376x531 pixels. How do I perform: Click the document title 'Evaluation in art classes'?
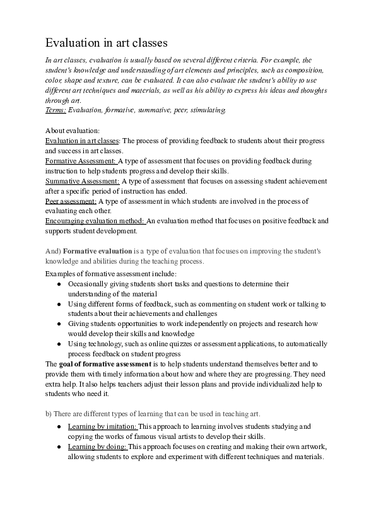click(106, 43)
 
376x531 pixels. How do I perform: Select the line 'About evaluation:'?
click(69, 131)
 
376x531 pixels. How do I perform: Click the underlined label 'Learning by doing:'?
click(97, 447)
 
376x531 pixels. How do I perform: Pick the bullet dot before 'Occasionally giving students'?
click(59, 284)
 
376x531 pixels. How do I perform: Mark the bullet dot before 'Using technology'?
click(59, 344)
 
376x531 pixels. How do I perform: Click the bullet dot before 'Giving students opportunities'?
click(59, 324)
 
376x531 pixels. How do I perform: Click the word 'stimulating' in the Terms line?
click(207, 110)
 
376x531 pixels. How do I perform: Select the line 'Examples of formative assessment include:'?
click(112, 274)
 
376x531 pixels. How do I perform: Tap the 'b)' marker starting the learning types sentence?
click(49, 413)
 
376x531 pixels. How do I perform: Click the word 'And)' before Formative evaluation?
click(53, 251)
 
